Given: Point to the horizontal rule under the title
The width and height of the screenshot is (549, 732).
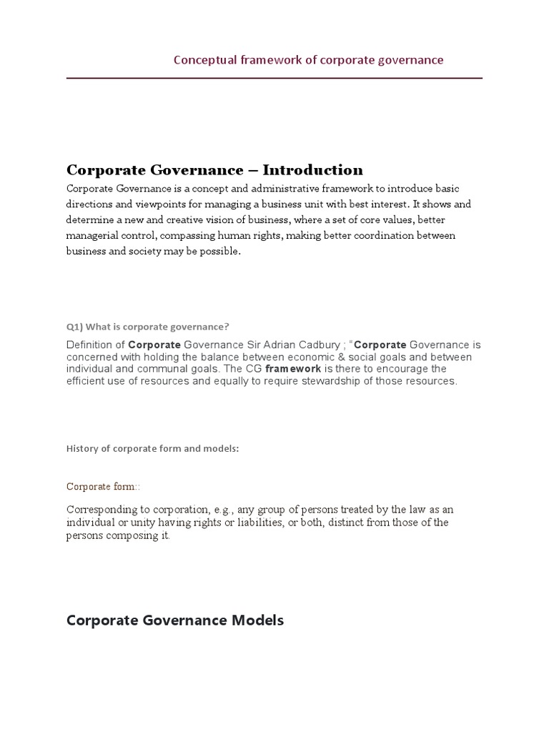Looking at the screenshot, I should coord(274,77).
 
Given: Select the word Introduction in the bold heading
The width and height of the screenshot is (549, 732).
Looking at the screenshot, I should coord(313,170).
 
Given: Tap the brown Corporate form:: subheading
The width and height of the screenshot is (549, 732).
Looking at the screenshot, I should coord(103,487).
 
